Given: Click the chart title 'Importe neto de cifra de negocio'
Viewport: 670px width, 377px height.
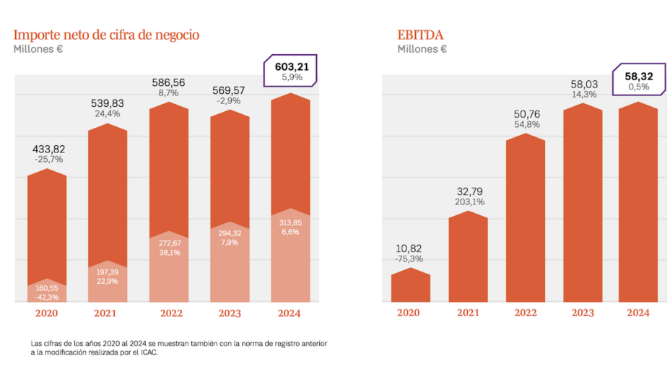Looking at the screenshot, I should (106, 35).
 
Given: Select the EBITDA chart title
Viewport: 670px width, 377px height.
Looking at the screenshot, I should (422, 35).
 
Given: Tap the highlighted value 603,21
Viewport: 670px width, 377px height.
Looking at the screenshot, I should (292, 66).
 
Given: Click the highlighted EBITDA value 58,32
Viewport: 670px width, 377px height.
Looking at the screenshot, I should (638, 74).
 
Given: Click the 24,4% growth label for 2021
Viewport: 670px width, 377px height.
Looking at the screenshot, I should (108, 113).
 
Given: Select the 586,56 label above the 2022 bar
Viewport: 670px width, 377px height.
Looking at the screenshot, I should (168, 82).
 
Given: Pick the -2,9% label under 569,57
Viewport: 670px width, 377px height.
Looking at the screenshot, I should (229, 100).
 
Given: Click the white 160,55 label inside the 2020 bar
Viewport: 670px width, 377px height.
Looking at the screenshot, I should (47, 287).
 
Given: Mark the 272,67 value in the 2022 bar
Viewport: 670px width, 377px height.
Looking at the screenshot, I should (168, 243).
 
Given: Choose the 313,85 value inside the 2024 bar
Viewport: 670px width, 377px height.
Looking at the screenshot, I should (290, 222).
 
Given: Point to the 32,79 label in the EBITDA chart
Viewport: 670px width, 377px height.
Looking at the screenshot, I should (468, 191).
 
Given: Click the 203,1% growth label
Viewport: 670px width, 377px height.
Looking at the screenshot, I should (468, 202).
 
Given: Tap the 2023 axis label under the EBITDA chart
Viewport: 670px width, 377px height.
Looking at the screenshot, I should (583, 313).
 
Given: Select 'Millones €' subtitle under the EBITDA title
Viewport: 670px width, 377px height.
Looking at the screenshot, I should (422, 49).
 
